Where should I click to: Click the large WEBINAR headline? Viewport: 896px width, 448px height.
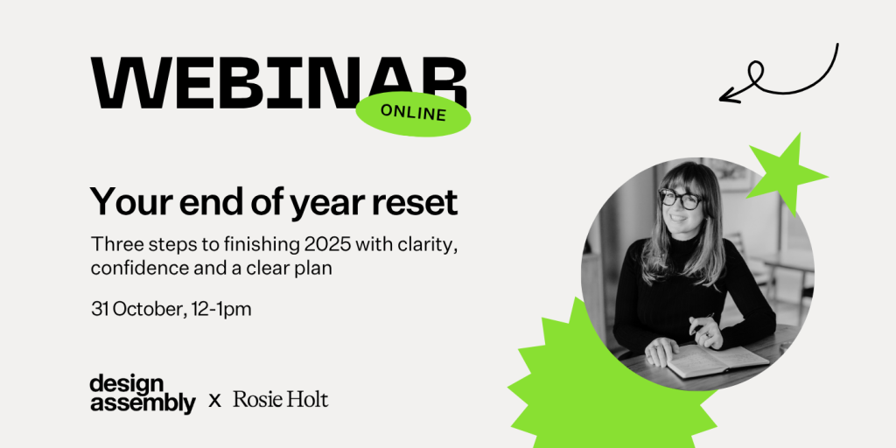click(x=279, y=82)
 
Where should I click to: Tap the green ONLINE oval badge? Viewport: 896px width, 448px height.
click(x=413, y=113)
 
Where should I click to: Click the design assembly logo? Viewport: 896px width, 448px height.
click(x=143, y=395)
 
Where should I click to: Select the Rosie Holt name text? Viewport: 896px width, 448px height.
click(x=281, y=399)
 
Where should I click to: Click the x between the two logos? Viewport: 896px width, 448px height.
click(x=215, y=401)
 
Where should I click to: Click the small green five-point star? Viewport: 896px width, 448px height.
click(x=786, y=172)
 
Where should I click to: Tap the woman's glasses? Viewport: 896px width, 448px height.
click(x=681, y=199)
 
